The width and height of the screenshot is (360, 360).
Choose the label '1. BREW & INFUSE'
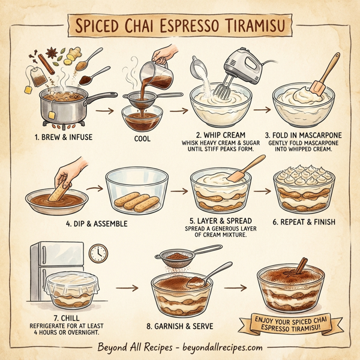[64, 137]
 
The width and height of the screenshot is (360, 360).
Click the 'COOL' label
[143, 139]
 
